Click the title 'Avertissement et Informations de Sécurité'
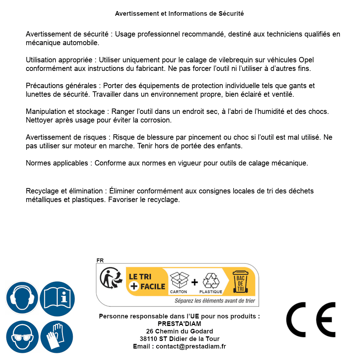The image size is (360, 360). click(179, 14)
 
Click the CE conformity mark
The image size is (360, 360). click(311, 320)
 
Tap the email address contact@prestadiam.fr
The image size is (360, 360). click(191, 346)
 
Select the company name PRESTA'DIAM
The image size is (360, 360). click(179, 324)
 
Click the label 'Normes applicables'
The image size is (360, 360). click(57, 163)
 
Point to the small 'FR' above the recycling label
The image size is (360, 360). click(100, 260)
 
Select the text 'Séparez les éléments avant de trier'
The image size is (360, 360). click(215, 301)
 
